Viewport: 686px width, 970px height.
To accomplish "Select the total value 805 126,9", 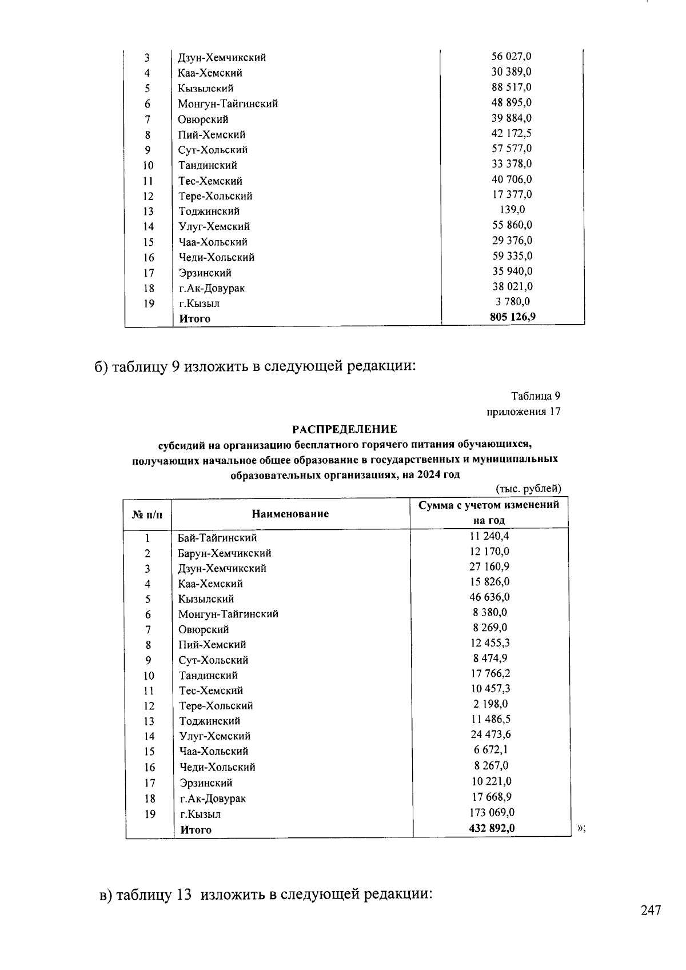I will point(512,317).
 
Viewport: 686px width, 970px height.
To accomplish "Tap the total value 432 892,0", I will point(492,827).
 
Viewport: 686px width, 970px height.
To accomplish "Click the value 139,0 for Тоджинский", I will point(512,210).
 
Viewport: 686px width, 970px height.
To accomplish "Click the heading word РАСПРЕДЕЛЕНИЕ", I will point(345,429).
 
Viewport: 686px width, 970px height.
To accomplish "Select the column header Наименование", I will point(290,514).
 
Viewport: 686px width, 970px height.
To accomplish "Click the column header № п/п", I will point(147,514).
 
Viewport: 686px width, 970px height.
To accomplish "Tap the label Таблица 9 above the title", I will point(535,396).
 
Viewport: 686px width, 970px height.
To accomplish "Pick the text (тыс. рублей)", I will point(528,489).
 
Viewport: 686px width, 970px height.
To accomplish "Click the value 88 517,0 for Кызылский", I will point(512,87).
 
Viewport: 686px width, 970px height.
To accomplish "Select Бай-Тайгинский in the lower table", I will point(217,538).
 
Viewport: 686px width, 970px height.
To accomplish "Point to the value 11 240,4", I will point(489,536).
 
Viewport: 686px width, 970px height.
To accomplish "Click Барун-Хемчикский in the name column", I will point(225,553).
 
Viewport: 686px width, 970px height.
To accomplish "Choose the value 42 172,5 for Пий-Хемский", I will point(512,133).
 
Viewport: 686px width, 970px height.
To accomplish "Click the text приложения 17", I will point(523,412).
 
